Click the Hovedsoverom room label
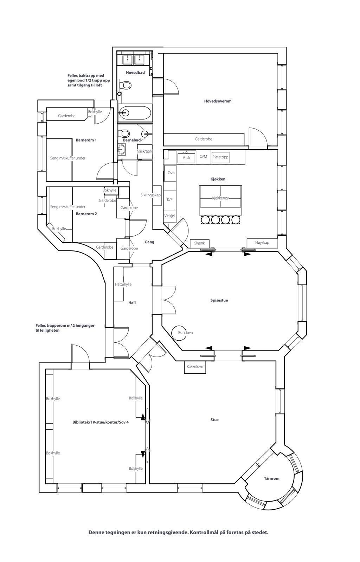tap(218, 101)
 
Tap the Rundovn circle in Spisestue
tap(179, 332)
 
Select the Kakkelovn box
tap(195, 367)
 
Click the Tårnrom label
tap(271, 478)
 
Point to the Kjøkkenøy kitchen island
tap(220, 198)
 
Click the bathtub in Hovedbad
tap(135, 113)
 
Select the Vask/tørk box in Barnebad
tap(145, 151)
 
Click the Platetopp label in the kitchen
tap(220, 157)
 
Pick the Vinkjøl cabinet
tap(169, 216)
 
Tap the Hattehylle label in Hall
tap(123, 284)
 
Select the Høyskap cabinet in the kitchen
tap(262, 243)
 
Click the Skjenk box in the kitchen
tap(199, 243)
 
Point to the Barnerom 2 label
tap(86, 214)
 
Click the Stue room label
tap(214, 420)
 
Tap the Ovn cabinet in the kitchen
tap(171, 173)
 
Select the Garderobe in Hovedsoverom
tap(204, 139)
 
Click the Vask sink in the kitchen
tap(186, 158)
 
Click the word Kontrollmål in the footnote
tap(203, 532)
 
